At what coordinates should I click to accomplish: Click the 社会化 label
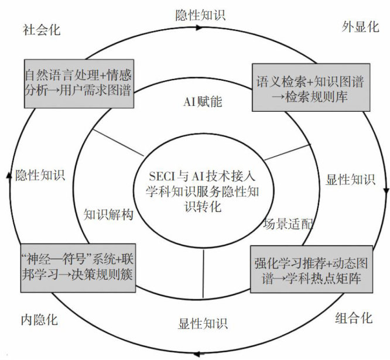point(42,30)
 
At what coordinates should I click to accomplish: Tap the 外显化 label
point(360,28)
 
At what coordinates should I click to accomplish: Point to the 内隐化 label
point(39,320)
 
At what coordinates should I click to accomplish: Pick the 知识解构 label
point(109,214)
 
